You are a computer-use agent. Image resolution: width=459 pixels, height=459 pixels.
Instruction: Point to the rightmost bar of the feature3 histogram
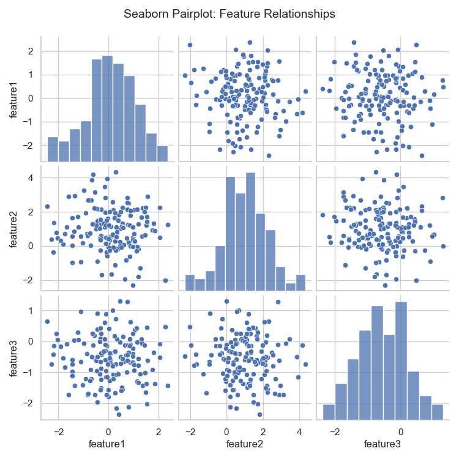point(437,411)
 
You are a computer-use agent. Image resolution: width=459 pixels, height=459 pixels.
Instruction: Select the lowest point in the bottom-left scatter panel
point(119,414)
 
